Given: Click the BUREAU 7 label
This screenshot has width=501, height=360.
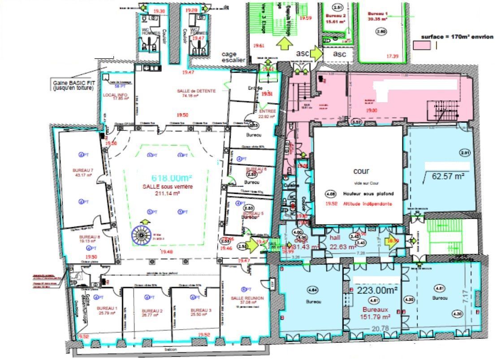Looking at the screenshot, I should (82, 170).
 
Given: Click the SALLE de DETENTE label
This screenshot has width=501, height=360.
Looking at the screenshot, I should (196, 91).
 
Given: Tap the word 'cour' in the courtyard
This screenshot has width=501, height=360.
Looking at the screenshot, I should (361, 171).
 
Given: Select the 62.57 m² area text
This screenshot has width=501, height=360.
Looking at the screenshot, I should (448, 176).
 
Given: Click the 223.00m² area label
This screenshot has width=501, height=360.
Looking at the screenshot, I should (376, 290).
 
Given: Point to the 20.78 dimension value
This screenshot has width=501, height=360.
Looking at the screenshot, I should (379, 329).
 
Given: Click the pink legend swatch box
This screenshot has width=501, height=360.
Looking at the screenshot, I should (422, 45).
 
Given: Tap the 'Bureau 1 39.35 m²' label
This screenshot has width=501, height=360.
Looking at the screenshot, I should (379, 16).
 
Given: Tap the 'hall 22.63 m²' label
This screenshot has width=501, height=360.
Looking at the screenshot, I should (342, 242).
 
